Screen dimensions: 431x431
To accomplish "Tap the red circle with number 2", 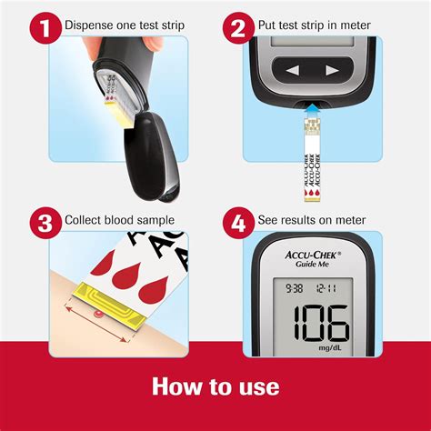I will pyautogui.click(x=237, y=25).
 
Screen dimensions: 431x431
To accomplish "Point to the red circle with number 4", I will pyautogui.click(x=237, y=221).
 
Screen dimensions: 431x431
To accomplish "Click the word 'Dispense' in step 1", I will pyautogui.click(x=95, y=25).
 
